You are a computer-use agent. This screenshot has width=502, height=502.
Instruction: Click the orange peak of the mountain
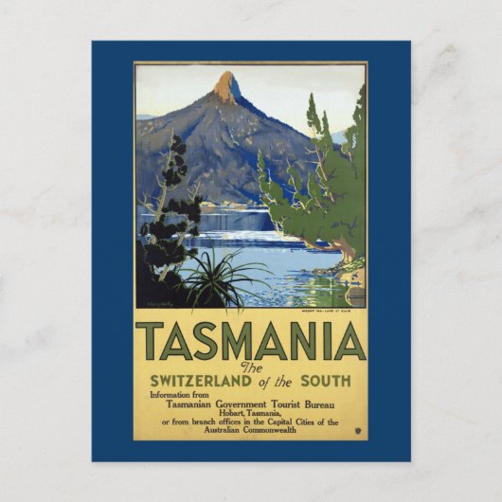click(x=226, y=87)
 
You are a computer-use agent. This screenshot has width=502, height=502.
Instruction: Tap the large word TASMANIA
click(x=250, y=342)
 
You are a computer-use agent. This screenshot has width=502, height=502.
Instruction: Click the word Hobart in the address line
click(x=216, y=412)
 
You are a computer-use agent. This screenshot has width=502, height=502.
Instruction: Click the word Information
click(x=171, y=394)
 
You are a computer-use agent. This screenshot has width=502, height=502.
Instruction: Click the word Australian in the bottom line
click(x=224, y=429)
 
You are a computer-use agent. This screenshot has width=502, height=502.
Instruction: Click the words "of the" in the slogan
click(x=284, y=381)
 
